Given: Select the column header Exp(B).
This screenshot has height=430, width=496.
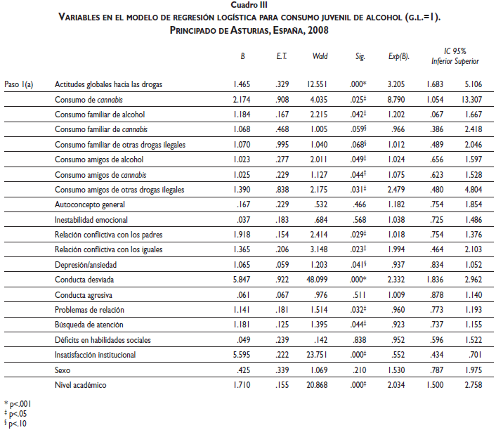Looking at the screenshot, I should [397, 56].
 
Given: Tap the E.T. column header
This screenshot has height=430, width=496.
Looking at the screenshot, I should [281, 56].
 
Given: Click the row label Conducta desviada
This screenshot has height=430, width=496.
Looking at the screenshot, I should [84, 279].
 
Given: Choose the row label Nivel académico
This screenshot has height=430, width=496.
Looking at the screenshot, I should [81, 385].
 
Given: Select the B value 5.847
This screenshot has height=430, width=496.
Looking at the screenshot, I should [242, 279].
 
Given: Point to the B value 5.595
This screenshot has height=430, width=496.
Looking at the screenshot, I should [242, 355].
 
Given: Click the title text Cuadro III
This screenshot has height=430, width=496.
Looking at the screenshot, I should [249, 4].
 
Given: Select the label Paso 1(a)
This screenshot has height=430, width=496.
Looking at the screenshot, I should [20, 84].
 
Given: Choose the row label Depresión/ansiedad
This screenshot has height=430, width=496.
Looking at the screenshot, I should [86, 264].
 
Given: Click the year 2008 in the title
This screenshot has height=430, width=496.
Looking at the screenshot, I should [315, 31].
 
